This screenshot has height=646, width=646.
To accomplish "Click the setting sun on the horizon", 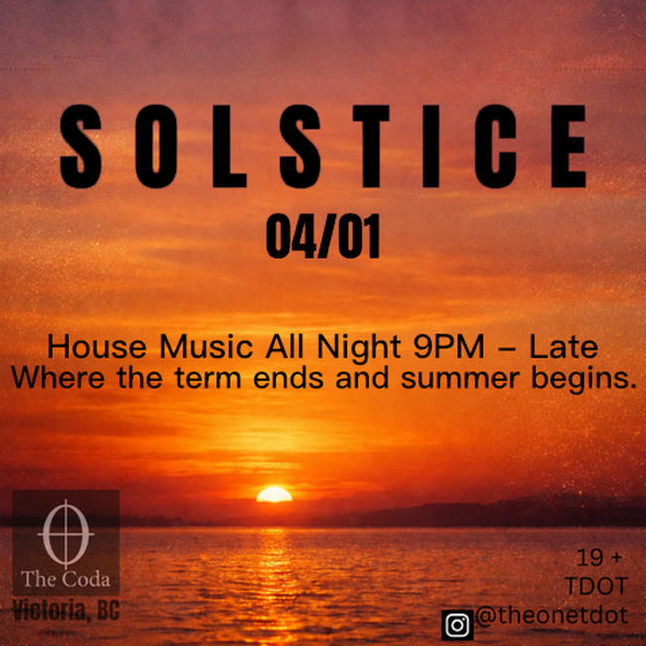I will [274, 494].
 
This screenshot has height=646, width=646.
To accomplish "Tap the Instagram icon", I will [457, 624].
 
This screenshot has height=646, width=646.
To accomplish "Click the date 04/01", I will [323, 239].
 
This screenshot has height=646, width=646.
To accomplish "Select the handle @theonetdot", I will [551, 616].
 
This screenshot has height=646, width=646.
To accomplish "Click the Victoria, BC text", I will [66, 610].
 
